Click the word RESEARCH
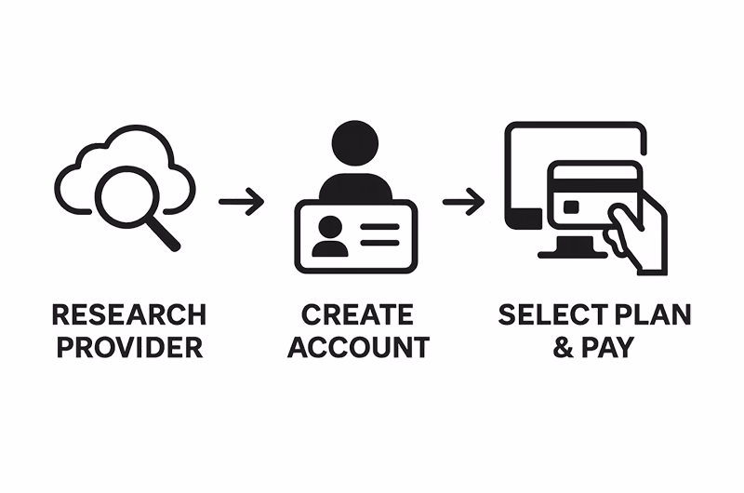pyautogui.click(x=129, y=314)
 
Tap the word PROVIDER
pyautogui.click(x=129, y=347)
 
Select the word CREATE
pyautogui.click(x=357, y=314)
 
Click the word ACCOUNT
pyautogui.click(x=358, y=347)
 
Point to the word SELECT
pyautogui.click(x=552, y=314)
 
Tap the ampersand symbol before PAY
pyautogui.click(x=564, y=347)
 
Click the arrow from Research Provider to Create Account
pyautogui.click(x=241, y=202)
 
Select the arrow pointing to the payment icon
pyautogui.click(x=463, y=202)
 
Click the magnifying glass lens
pyautogui.click(x=126, y=197)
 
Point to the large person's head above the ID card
pyautogui.click(x=355, y=144)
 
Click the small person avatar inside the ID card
pyautogui.click(x=330, y=236)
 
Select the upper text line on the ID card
pyautogui.click(x=379, y=227)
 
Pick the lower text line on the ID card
pyautogui.click(x=379, y=243)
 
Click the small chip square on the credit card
pyautogui.click(x=571, y=207)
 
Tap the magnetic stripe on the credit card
pyautogui.click(x=595, y=186)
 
